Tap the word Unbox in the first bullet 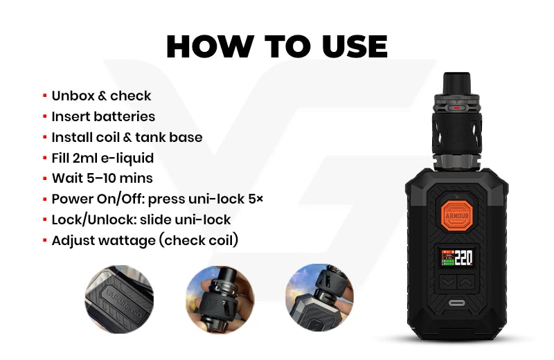click(73, 96)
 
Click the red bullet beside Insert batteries click(45, 116)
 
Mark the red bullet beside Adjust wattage click(45, 240)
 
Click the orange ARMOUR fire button click(457, 215)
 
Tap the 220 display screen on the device click(457, 258)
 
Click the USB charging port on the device click(457, 303)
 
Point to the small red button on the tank click(456, 108)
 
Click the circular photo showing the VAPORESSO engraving click(119, 299)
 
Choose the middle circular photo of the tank click(220, 299)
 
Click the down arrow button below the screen click(448, 282)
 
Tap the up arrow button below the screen click(465, 282)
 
